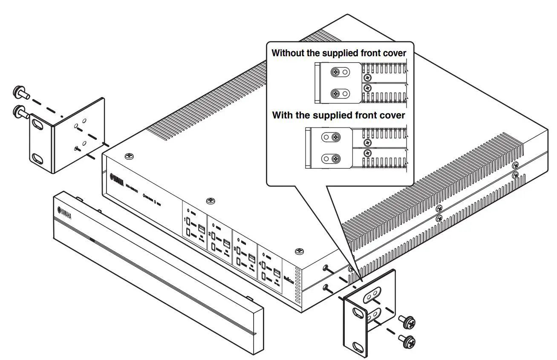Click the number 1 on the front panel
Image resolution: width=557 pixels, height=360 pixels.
coord(185,220)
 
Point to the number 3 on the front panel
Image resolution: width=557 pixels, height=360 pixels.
coord(235,248)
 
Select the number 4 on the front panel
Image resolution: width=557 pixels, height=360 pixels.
coord(261,263)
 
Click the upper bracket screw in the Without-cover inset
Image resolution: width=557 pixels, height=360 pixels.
coord(336,73)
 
